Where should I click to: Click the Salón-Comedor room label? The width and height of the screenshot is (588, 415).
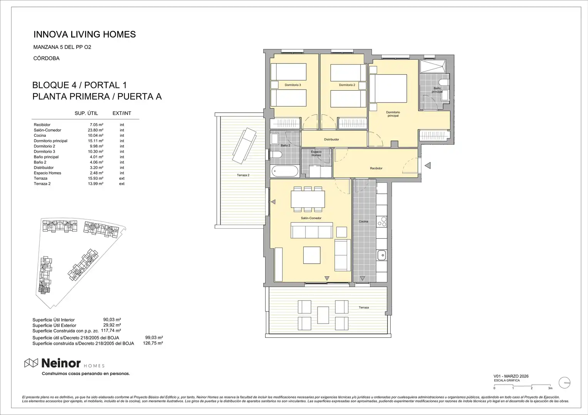coord(311,218)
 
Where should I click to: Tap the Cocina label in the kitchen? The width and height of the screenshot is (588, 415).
coord(363,222)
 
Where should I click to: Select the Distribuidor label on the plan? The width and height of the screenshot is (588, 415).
coord(331,139)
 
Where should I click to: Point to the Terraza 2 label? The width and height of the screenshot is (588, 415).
coord(243,175)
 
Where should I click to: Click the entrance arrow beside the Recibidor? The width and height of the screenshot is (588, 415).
coord(428,165)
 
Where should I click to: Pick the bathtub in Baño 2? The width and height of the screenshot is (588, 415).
coord(285,171)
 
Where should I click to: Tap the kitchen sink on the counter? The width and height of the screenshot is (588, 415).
coord(381,255)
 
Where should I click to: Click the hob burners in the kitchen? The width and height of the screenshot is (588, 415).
coord(381,222)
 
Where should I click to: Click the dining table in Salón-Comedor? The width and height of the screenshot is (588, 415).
coord(307,199)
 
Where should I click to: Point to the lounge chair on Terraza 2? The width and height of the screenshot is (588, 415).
coord(244,145)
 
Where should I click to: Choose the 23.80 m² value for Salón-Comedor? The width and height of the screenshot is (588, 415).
coord(95,130)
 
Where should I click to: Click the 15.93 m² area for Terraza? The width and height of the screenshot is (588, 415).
coord(95,178)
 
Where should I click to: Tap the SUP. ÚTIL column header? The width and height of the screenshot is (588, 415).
coord(86,113)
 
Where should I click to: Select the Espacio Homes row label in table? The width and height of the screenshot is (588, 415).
coord(47,173)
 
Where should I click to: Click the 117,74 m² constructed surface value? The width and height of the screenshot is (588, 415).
coord(111,331)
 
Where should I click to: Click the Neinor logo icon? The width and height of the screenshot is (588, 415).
coord(31,363)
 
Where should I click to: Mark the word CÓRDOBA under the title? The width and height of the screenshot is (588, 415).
coord(47,58)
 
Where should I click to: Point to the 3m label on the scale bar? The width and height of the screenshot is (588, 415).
coord(550,388)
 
